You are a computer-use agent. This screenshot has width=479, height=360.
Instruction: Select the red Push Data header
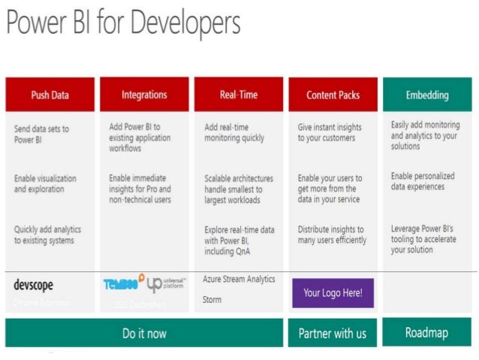click(x=50, y=95)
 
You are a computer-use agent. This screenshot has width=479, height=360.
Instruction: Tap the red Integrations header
click(x=144, y=95)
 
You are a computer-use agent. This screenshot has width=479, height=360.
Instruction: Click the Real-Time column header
click(x=238, y=95)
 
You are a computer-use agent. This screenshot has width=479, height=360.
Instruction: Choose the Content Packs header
click(x=333, y=95)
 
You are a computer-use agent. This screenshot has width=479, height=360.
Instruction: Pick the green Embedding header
click(x=427, y=95)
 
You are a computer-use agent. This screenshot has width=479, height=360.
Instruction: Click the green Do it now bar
click(x=144, y=332)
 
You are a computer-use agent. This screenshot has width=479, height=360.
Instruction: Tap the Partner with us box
click(x=333, y=332)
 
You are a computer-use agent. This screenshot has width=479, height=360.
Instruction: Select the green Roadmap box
click(x=427, y=331)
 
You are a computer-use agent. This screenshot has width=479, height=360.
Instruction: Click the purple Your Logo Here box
click(x=333, y=292)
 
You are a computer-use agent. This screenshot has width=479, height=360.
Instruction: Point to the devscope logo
click(x=34, y=285)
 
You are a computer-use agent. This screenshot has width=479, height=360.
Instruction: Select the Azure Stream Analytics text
click(x=239, y=279)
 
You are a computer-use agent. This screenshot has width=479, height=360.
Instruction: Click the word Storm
click(x=212, y=299)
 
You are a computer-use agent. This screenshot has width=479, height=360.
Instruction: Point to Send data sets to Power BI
click(x=41, y=133)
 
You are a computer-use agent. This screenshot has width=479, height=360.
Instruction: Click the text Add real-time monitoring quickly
click(x=234, y=132)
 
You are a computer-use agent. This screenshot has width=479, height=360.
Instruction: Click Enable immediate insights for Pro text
click(x=140, y=189)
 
